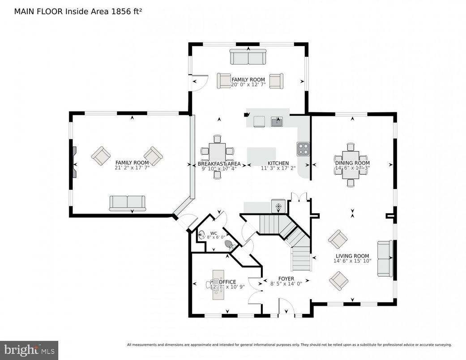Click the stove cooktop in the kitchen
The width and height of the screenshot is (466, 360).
pyautogui.click(x=303, y=149)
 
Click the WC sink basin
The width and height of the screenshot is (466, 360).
pyautogui.click(x=202, y=233)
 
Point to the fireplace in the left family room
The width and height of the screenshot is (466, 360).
pyautogui.click(x=74, y=162)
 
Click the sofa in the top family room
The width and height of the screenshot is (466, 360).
pyautogui.click(x=248, y=57)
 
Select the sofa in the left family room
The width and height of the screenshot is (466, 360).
pyautogui.click(x=128, y=203)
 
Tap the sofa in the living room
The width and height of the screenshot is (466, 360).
pyautogui.click(x=385, y=258)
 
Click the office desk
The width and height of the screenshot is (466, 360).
pyautogui.click(x=218, y=284)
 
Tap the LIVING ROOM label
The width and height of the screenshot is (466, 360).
pyautogui.click(x=352, y=256)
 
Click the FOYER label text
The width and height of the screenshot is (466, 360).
pyautogui.click(x=286, y=279)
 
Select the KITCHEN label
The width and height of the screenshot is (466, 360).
pyautogui.click(x=278, y=163)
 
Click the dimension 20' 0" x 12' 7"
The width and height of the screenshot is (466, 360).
pyautogui.click(x=248, y=85)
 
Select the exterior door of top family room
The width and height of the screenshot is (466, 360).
pyautogui.click(x=199, y=82)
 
